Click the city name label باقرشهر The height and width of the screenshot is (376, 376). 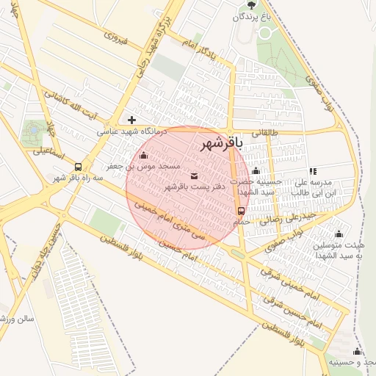pos(220,146)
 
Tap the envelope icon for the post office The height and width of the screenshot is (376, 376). pos(194,176)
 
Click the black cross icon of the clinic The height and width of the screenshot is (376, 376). pos(131,120)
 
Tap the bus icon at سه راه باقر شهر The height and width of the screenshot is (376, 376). pos(79,166)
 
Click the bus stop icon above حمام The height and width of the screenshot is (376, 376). pos(241,210)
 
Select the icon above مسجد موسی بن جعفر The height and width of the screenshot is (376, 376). pos(142,155)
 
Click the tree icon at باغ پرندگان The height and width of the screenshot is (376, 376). pos(252,4)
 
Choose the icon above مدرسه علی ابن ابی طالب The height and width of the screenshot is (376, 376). pos(313,170)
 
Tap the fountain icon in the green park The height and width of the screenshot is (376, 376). pos(32,132)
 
